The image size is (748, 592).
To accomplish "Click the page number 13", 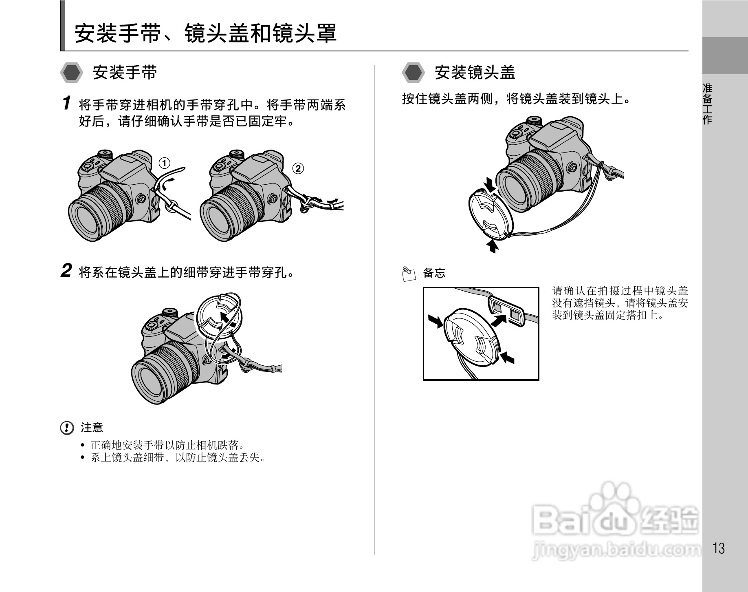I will click(719, 548).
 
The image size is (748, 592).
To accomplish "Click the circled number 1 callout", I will click(164, 163).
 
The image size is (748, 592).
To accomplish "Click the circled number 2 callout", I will click(298, 168).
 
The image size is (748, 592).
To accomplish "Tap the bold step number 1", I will click(67, 103).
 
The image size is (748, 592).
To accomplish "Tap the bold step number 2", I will click(66, 271).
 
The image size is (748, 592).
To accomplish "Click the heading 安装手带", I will click(125, 73).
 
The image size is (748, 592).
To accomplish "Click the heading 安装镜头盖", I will click(475, 73).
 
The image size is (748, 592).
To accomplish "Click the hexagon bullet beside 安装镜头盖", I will click(413, 73).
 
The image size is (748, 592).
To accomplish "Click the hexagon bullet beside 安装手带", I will click(72, 73).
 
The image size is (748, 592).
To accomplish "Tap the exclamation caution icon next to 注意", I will click(67, 428).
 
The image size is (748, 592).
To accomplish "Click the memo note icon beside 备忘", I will click(409, 274).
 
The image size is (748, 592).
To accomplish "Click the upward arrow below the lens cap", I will click(493, 246).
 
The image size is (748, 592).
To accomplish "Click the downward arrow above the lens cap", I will click(490, 184).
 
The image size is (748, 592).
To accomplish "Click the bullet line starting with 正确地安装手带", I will click(167, 445).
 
